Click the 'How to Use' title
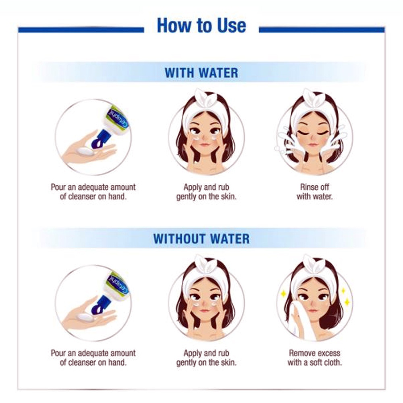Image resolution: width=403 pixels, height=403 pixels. point(201,25)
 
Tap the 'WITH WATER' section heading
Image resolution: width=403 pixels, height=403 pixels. point(201,73)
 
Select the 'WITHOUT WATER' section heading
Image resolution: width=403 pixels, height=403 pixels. point(201,239)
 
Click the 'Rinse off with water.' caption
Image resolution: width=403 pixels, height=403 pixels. point(315,192)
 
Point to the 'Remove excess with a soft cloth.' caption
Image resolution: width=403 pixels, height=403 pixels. point(315,358)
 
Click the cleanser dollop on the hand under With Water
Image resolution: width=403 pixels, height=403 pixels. point(85,152)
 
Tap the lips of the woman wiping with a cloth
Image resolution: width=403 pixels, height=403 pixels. point(313,311)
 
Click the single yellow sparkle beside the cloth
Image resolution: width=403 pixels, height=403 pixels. point(283,293)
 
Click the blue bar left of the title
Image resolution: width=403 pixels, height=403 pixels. point(81,30)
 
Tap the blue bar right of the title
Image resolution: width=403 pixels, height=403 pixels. point(322,30)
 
